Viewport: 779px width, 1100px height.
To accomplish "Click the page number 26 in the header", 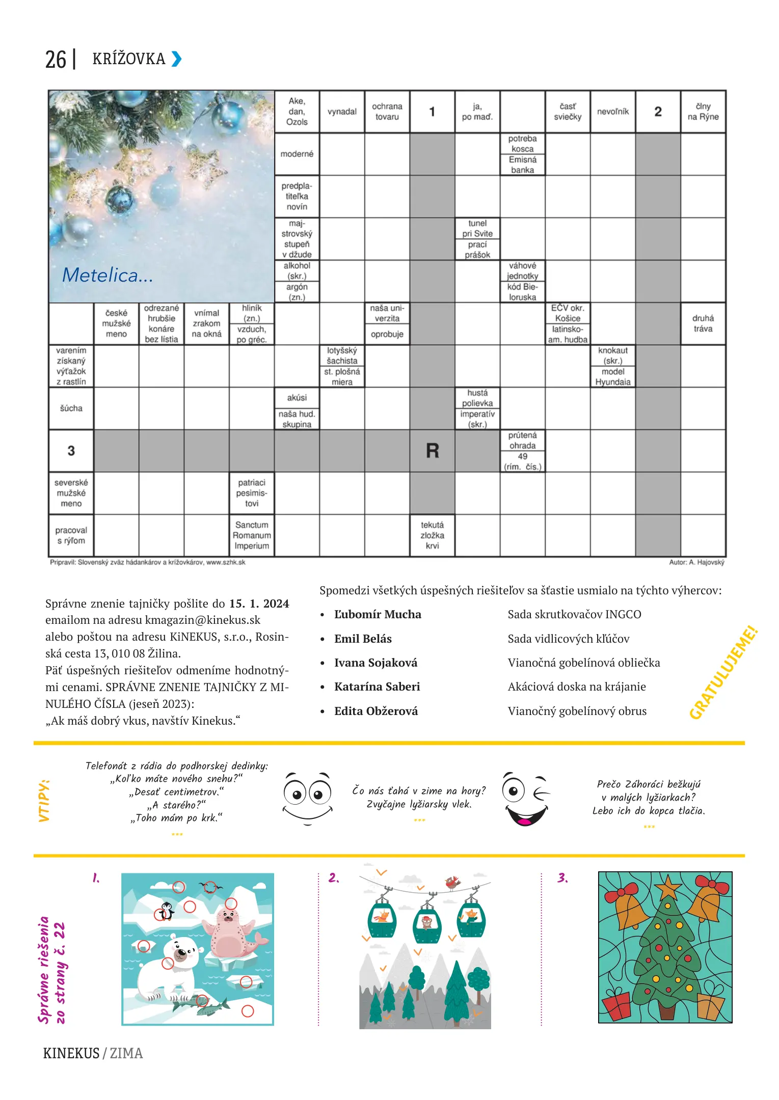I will pyautogui.click(x=56, y=60).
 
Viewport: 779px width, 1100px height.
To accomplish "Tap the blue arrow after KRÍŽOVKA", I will pyautogui.click(x=176, y=59).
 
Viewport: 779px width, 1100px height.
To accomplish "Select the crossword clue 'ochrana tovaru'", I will pyautogui.click(x=387, y=112).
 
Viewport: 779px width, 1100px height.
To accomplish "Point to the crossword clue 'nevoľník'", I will pyautogui.click(x=613, y=112).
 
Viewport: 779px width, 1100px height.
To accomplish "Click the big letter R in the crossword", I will pyautogui.click(x=432, y=451).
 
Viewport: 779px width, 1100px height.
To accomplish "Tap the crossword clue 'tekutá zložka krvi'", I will pyautogui.click(x=432, y=535).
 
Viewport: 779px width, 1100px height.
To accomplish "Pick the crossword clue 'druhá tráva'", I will pyautogui.click(x=703, y=323).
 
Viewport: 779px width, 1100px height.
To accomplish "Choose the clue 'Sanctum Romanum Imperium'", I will pyautogui.click(x=252, y=535).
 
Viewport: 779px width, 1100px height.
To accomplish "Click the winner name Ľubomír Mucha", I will pyautogui.click(x=378, y=614).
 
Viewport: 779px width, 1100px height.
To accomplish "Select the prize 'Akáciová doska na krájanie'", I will pyautogui.click(x=577, y=686).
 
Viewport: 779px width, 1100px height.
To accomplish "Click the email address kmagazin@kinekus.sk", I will pyautogui.click(x=203, y=620).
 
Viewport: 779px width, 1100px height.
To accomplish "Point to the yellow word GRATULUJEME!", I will pyautogui.click(x=723, y=673).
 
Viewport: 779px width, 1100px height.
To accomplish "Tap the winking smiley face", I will pyautogui.click(x=526, y=800).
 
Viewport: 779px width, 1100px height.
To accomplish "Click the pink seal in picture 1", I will pyautogui.click(x=229, y=931).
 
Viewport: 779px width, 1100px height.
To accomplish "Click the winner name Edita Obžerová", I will pyautogui.click(x=376, y=711).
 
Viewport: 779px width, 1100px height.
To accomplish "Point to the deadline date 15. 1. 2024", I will pyautogui.click(x=259, y=603).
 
